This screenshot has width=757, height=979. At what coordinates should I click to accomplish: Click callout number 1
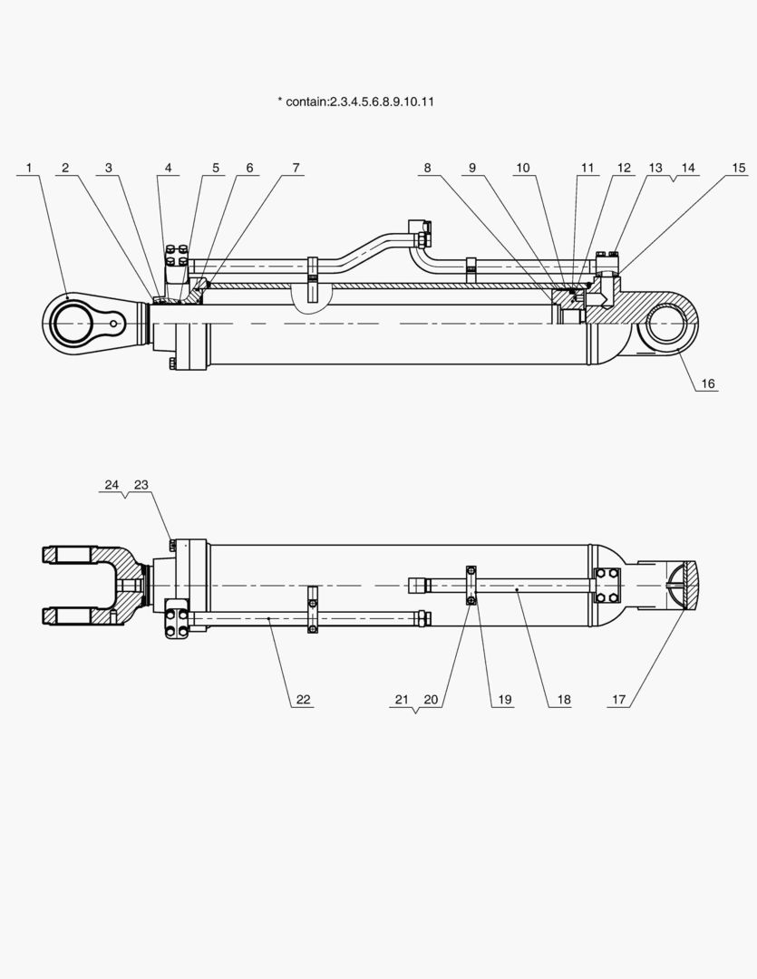[29, 168]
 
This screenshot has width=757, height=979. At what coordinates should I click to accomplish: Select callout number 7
[296, 168]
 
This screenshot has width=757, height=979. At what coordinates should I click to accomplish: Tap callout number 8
[427, 168]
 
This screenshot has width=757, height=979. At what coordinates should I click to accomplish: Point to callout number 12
[624, 168]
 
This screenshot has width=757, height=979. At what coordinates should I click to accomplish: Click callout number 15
[739, 168]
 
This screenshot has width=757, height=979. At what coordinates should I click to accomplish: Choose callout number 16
[708, 383]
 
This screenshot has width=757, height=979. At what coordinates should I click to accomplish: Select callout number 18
[564, 700]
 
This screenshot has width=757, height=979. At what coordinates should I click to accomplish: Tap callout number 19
[505, 700]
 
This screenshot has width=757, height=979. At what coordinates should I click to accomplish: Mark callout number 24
[112, 485]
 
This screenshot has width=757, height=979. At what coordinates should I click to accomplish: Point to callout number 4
[168, 168]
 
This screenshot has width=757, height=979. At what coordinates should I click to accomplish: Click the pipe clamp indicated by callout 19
[471, 585]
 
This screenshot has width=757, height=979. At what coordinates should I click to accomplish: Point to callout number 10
[523, 168]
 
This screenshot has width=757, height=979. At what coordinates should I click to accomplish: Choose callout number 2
[65, 168]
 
